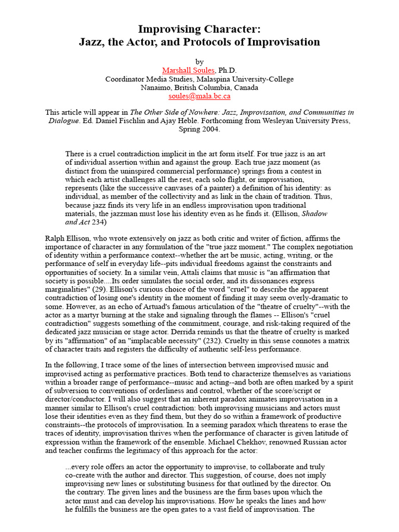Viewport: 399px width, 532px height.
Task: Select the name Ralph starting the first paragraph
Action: click(x=56, y=238)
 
